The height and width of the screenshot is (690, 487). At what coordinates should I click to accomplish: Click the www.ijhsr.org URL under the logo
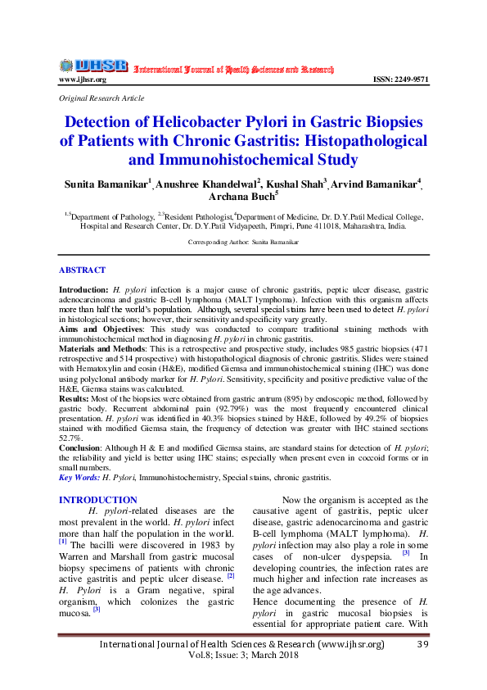[82, 79]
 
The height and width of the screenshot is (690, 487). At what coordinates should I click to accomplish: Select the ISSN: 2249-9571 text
[399, 79]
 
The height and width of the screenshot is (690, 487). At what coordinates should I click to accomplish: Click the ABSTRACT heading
[82, 270]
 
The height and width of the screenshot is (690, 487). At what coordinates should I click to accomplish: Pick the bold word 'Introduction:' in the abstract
[83, 291]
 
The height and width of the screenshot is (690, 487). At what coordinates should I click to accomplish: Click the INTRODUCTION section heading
[98, 500]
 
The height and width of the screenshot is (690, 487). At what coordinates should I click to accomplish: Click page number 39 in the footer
[422, 645]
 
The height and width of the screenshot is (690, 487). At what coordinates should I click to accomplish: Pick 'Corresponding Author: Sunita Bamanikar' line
[243, 243]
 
